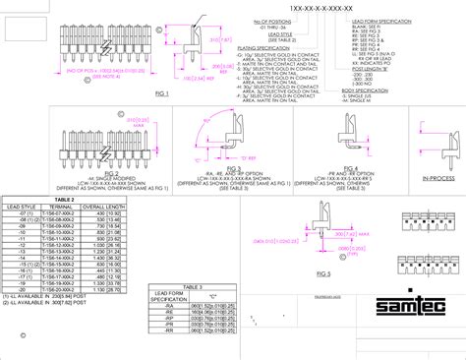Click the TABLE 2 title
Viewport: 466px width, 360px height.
66,198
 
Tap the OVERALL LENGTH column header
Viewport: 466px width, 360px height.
107,206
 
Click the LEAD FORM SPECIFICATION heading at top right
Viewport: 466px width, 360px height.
397,20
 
